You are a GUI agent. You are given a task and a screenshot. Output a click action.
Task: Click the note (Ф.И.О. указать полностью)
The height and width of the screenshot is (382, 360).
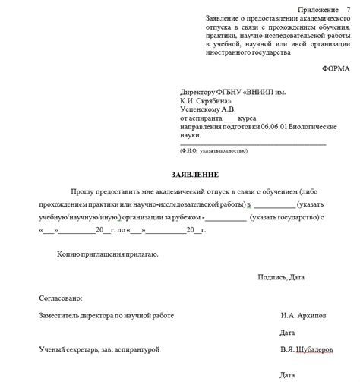point(213,151)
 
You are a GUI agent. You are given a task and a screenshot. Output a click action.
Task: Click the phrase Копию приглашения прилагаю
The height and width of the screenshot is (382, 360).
point(107,255)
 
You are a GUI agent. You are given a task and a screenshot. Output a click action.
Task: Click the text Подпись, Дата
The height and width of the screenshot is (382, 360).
point(282,276)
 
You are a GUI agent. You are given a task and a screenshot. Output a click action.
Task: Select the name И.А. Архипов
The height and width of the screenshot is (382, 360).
point(304,314)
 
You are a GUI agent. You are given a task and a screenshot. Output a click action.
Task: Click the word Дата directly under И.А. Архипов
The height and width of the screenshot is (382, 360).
point(287,333)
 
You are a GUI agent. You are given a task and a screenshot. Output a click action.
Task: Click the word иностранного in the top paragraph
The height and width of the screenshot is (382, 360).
point(232,52)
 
